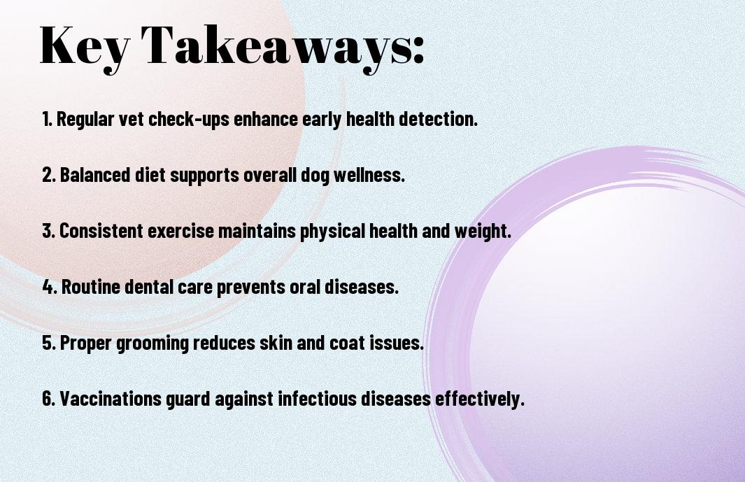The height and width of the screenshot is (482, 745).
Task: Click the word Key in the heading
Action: [84, 47]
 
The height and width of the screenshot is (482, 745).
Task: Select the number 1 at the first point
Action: [45, 119]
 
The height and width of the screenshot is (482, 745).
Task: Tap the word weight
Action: [483, 232]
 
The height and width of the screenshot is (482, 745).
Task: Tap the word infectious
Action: [317, 398]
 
